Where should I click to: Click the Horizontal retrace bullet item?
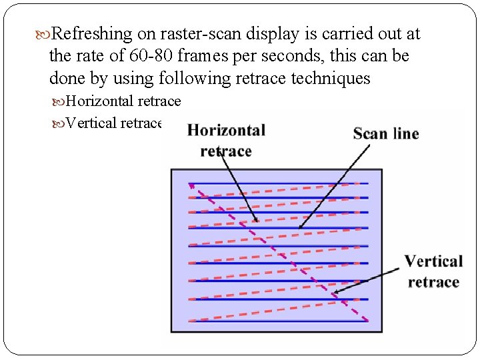[123, 101]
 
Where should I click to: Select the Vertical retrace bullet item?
[115, 123]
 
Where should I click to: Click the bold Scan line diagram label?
[386, 133]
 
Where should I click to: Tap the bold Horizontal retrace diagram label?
[226, 140]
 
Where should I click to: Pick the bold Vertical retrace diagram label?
[433, 271]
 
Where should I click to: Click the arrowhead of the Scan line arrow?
[300, 227]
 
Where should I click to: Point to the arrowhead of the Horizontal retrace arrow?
[257, 221]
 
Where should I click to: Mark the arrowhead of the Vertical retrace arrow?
[334, 291]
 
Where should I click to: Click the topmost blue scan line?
[279, 183]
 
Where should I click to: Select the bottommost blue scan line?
[279, 321]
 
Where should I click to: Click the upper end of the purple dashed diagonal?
[191, 183]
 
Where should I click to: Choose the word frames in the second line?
[201, 56]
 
